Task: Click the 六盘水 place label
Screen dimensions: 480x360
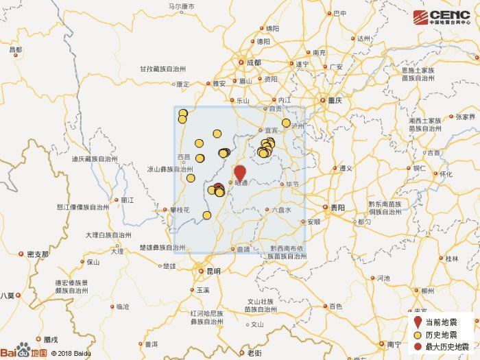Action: click(x=282, y=210)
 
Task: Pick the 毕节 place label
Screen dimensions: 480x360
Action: click(x=293, y=184)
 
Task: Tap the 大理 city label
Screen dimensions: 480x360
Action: click(x=117, y=251)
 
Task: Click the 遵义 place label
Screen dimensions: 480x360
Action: click(x=345, y=168)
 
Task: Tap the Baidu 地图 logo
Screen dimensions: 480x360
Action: click(x=23, y=352)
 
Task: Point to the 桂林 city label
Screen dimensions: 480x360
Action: click(x=452, y=259)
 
